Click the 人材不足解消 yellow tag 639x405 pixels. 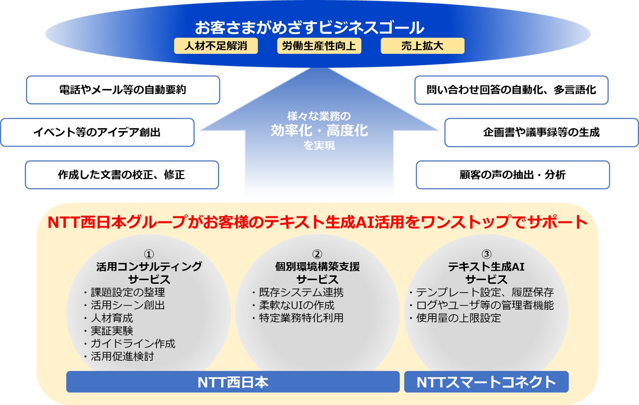[216, 46]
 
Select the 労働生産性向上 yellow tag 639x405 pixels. [319, 46]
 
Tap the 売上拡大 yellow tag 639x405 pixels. [422, 46]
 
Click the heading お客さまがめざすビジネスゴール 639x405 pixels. [309, 27]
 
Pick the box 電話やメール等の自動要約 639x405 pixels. [123, 90]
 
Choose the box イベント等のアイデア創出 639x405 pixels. [97, 132]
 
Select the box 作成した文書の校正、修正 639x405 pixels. [121, 175]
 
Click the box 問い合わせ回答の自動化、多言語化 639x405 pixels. [511, 90]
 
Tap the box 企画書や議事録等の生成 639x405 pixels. [541, 132]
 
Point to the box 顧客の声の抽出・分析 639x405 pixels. [513, 175]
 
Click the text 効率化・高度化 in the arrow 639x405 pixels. [319, 130]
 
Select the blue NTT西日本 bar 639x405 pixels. [233, 382]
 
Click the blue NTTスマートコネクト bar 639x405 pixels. [486, 382]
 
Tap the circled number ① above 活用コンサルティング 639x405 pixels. [149, 254]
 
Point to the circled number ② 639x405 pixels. [317, 254]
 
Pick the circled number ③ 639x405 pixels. [486, 254]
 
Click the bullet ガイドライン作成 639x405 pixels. [132, 344]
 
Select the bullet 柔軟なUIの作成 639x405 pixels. [297, 306]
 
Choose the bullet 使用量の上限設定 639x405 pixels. [458, 318]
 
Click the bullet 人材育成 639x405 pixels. [111, 318]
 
